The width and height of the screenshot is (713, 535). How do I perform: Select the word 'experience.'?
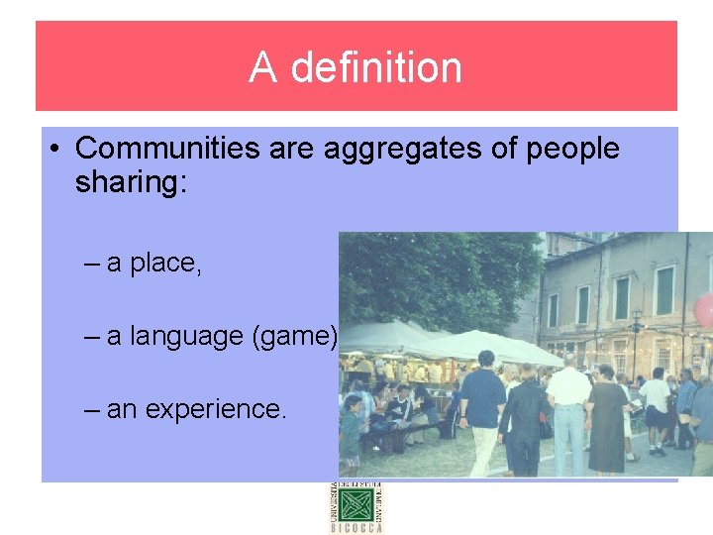pyautogui.click(x=216, y=408)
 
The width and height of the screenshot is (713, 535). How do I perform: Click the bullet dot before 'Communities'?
pyautogui.click(x=57, y=150)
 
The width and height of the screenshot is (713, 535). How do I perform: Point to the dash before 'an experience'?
pyautogui.click(x=93, y=408)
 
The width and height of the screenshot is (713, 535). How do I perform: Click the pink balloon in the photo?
pyautogui.click(x=704, y=310)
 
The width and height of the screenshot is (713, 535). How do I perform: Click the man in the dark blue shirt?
pyautogui.click(x=484, y=406)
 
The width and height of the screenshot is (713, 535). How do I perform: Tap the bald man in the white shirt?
pyautogui.click(x=568, y=411)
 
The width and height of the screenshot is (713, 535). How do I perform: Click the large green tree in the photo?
pyautogui.click(x=436, y=277)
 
